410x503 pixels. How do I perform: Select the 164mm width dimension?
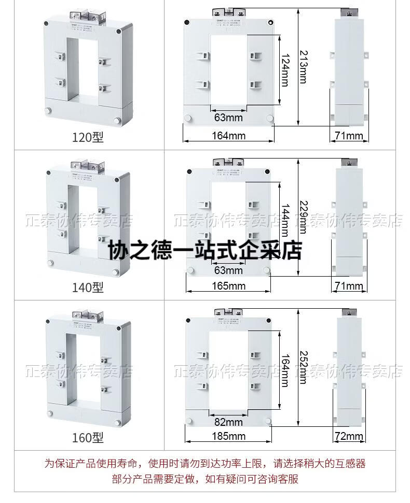[228, 136]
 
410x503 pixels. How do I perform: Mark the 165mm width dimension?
[228, 286]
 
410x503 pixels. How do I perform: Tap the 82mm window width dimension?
[228, 422]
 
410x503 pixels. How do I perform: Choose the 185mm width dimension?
[228, 436]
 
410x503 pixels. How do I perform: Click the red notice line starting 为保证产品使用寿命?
[204, 463]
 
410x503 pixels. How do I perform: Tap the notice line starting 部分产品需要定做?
[204, 479]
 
